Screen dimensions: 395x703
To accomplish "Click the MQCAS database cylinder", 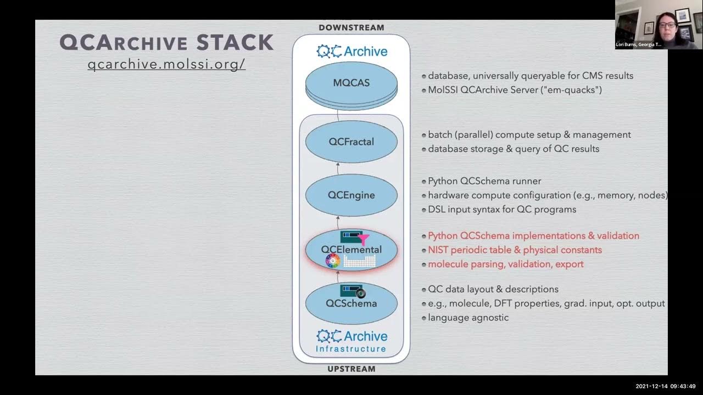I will click(351, 83).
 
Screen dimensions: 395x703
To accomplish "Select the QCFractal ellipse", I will click(351, 142).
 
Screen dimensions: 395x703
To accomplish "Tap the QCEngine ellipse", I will click(351, 195).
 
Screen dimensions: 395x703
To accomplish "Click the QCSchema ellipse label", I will click(351, 303).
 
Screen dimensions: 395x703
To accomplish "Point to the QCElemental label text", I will click(351, 250).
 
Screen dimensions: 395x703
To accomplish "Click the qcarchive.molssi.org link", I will click(166, 64).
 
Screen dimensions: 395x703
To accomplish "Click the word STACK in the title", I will click(235, 42).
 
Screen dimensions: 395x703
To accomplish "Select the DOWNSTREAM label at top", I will click(351, 27).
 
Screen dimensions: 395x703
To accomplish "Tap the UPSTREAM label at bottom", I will click(351, 369).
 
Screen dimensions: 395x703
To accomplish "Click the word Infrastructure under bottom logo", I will click(351, 349).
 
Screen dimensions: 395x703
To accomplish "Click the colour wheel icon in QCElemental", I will click(333, 261).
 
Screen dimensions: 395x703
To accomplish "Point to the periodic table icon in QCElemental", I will click(360, 262).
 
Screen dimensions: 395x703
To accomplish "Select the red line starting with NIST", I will click(515, 250).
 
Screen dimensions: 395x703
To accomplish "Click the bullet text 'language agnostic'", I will click(468, 318).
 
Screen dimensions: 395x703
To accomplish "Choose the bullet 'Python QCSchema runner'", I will click(484, 181).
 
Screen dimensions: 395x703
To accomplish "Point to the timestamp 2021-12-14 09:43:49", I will click(665, 386).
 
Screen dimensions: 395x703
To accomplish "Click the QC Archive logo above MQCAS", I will click(351, 52).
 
